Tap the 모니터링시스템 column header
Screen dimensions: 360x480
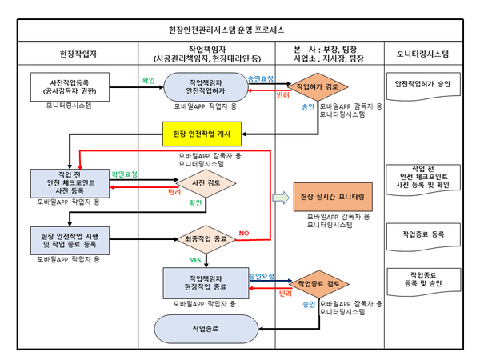[422, 54]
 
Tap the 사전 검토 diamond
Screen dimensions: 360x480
[206, 182]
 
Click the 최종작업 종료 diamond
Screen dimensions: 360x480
[206, 238]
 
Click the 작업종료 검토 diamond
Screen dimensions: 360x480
[323, 283]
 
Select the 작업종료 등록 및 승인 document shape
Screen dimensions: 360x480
[421, 279]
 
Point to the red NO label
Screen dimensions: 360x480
[244, 233]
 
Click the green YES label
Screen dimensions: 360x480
[194, 260]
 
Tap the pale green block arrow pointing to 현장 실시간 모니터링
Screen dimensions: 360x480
[279, 197]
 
